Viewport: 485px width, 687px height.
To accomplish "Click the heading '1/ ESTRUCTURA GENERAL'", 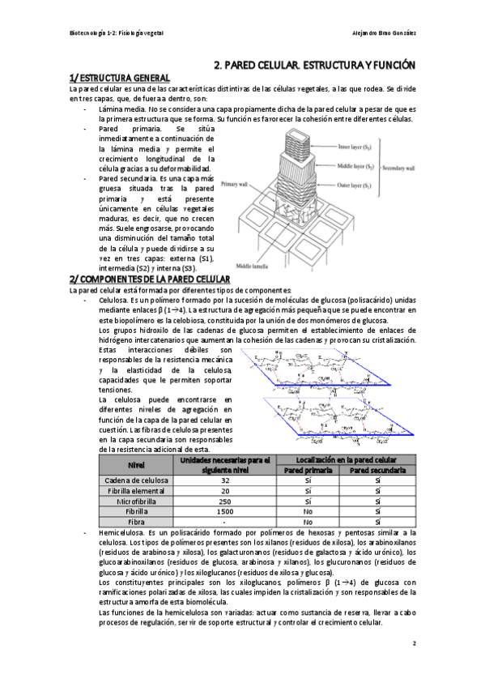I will click(119, 77).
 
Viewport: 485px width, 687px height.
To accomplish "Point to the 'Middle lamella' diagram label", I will click(252, 264).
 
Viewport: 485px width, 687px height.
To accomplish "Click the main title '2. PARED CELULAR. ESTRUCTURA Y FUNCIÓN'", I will click(314, 63).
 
